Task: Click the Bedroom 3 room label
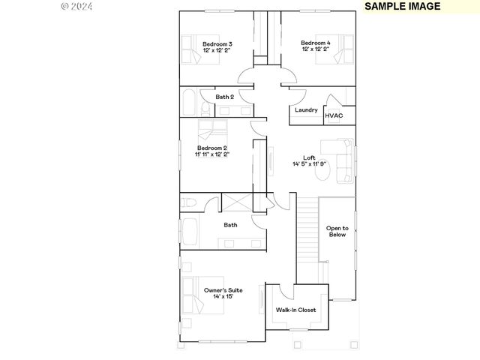pos(217,44)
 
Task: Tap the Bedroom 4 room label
pos(315,43)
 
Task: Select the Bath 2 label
pos(225,97)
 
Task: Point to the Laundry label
pos(306,110)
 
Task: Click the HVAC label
pos(333,115)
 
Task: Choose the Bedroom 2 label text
pos(212,148)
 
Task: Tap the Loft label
pos(309,158)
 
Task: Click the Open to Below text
pos(337,231)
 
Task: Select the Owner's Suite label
pos(223,289)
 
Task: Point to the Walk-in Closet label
pos(295,310)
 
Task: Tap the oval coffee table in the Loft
pos(323,172)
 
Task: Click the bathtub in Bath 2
pos(188,101)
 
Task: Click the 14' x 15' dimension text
pos(223,297)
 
